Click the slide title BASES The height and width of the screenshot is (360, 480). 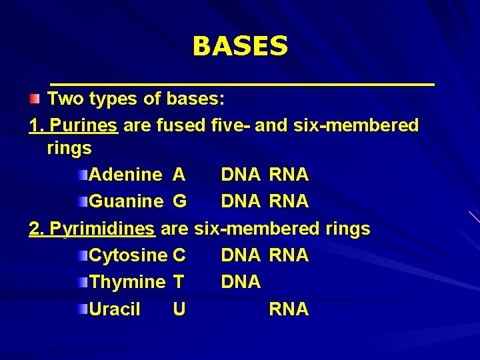tap(240, 47)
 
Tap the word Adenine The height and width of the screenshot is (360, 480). tap(125, 175)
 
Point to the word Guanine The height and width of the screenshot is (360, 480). tap(126, 201)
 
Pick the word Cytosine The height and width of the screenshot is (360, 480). tap(128, 255)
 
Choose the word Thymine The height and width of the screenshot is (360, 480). tap(127, 283)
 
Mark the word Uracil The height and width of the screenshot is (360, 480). tap(115, 309)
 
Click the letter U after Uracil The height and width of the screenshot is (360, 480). tap(179, 309)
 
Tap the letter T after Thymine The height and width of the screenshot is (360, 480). tap(179, 283)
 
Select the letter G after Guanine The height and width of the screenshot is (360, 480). tap(179, 201)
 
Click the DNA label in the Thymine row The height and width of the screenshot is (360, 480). tap(241, 283)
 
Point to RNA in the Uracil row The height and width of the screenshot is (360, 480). tap(289, 309)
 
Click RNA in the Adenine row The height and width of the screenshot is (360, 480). tap(289, 175)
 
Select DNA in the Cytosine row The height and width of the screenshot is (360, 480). tap(241, 255)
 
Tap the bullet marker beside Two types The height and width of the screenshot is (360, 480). tap(35, 100)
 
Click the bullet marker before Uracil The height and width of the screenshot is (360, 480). tap(81, 309)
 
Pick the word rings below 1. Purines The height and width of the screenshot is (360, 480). tap(69, 148)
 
